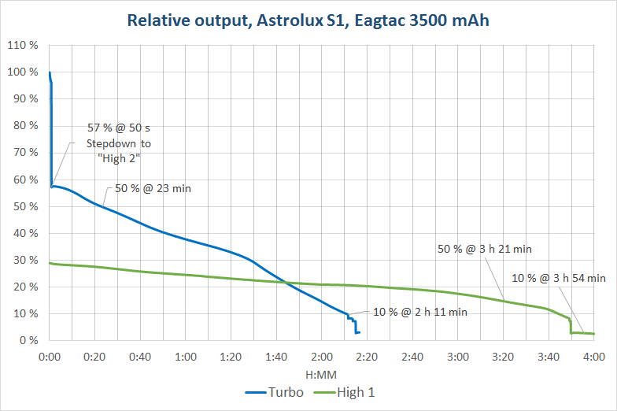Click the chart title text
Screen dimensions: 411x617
point(308,20)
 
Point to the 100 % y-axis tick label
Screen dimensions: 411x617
point(23,72)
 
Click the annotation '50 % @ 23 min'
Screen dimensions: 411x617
point(153,188)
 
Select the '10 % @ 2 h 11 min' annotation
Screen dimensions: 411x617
point(420,312)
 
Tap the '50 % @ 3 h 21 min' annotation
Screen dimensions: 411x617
point(485,249)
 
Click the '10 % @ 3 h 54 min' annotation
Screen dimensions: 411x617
point(559,277)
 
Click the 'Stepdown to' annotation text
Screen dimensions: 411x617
point(118,143)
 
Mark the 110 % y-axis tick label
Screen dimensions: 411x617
point(23,46)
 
